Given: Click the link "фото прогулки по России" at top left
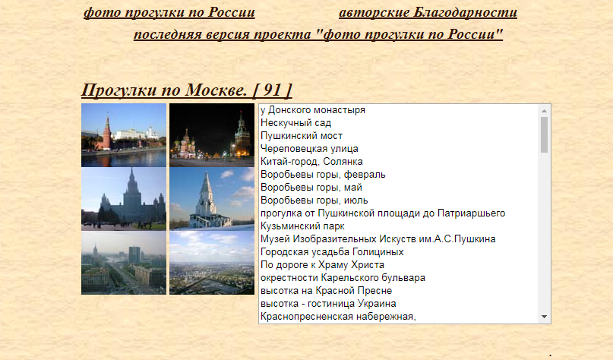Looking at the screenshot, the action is tap(169, 12).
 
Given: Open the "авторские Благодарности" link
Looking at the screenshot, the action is tap(428, 12).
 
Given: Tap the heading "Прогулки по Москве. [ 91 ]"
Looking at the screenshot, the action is tap(186, 90).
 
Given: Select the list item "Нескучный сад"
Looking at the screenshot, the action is tap(295, 123).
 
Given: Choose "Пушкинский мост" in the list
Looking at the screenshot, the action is tap(302, 136).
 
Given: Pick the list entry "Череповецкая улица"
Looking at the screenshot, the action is tap(309, 149).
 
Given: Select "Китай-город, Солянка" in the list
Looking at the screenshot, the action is tap(311, 162).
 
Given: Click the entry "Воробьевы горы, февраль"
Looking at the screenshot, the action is tap(323, 175).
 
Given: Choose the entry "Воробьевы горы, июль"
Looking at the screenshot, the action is tap(314, 201).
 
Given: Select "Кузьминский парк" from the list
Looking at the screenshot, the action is tap(302, 226).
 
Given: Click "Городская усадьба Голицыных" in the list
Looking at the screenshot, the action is tap(332, 251).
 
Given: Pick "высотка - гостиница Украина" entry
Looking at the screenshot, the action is tap(328, 303).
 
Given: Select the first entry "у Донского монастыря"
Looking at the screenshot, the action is tap(313, 110).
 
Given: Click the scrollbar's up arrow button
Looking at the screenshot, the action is tap(544, 111).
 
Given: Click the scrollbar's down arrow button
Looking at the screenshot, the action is tap(544, 317).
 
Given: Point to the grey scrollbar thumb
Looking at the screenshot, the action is tap(544, 135).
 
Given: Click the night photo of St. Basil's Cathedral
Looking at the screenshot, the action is tap(212, 135).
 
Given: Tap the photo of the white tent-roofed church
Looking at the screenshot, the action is tap(212, 198).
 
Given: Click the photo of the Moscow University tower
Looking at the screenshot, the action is tap(124, 198).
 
